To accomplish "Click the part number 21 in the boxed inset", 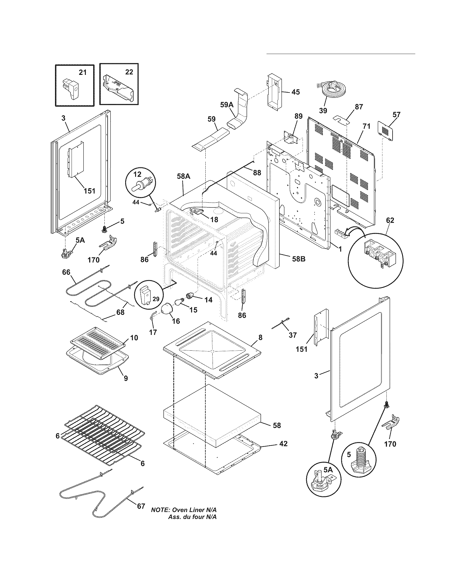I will (x=83, y=72).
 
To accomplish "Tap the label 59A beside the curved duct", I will (x=227, y=105).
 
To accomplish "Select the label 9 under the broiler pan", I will (x=126, y=378).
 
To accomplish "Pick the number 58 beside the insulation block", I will (x=276, y=425).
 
